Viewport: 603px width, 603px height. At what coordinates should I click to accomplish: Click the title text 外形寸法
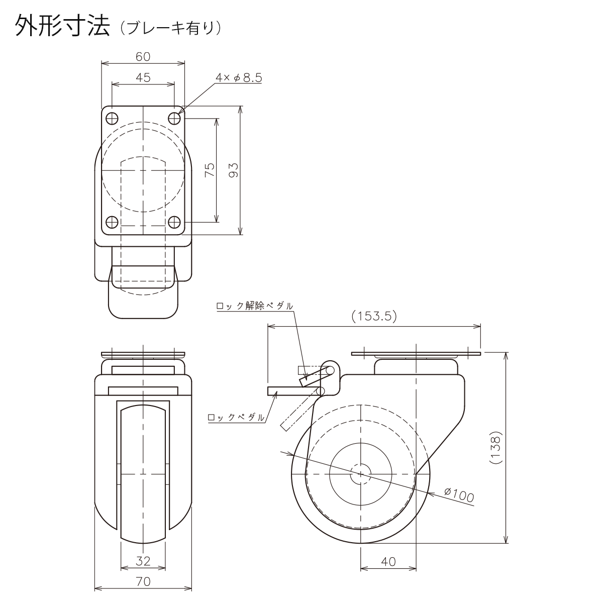point(63,26)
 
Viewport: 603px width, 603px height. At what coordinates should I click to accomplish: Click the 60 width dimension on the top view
point(143,57)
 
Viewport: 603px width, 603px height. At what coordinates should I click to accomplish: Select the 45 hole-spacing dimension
point(143,77)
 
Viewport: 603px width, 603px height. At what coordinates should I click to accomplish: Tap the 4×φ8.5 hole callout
point(239,77)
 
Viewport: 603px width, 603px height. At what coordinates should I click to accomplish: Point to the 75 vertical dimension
point(210,170)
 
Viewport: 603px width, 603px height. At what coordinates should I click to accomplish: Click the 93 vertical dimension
point(234,170)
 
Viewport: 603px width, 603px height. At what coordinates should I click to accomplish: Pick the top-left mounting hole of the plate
point(112,119)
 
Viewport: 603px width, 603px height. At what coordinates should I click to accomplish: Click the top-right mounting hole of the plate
point(174,119)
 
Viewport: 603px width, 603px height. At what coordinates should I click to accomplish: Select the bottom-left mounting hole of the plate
point(112,223)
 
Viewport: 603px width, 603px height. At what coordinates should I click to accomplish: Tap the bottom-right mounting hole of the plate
point(174,223)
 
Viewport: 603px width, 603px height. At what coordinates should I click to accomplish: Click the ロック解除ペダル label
point(255,306)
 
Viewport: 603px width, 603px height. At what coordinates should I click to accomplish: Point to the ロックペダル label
point(236,417)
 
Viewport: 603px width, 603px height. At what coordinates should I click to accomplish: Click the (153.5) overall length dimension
point(374,316)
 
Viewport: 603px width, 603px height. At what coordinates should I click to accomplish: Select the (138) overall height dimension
point(496,448)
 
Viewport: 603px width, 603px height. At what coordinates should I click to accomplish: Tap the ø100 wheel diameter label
point(459,495)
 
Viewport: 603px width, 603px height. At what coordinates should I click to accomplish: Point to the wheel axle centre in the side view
point(360,474)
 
